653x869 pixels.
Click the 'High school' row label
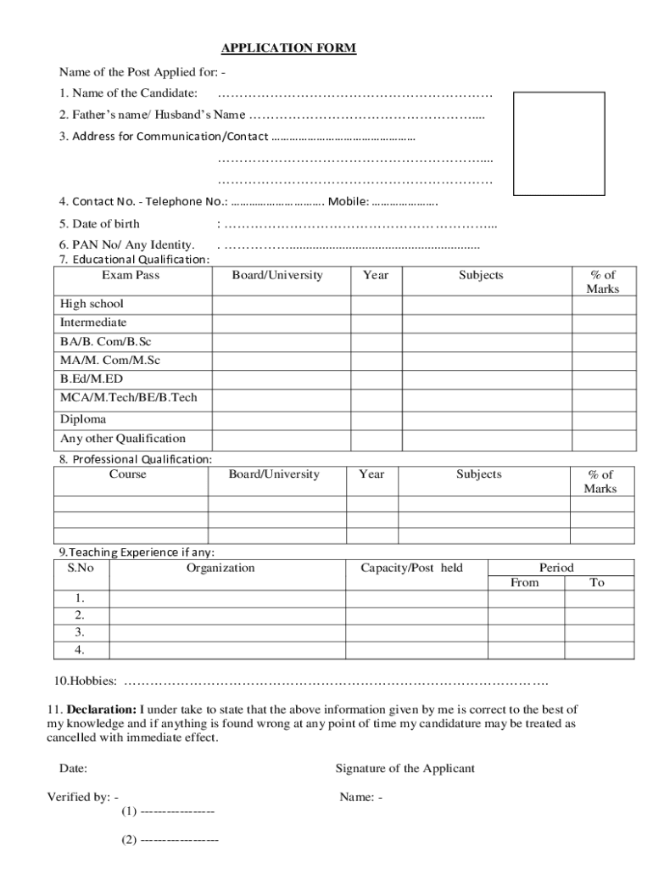(x=92, y=304)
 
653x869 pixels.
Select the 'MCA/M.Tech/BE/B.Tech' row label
(x=128, y=398)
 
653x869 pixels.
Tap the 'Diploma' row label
(x=83, y=419)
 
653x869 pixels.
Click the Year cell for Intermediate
(x=376, y=323)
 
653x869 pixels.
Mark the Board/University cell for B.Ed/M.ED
(x=281, y=379)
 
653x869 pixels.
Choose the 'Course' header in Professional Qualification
(x=128, y=474)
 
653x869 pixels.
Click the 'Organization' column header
(x=220, y=568)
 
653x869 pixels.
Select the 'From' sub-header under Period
(x=524, y=583)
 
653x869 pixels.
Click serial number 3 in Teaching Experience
(x=80, y=632)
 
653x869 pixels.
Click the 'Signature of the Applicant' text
(x=405, y=769)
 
